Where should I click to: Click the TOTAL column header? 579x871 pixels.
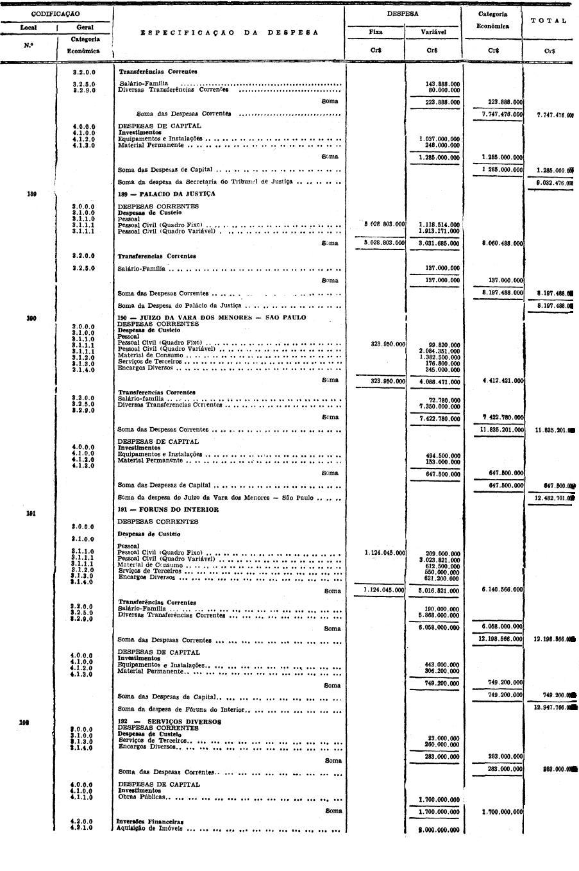click(x=550, y=21)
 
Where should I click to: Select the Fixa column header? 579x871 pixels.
click(x=376, y=31)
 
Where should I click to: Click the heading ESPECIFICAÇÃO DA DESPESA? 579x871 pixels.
click(x=230, y=31)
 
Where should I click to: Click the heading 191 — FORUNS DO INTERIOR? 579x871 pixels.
click(x=168, y=510)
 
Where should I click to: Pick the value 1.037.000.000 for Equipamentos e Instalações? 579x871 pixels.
click(x=439, y=139)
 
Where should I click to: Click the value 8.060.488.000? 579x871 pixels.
click(x=501, y=244)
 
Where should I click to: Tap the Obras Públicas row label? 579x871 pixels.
click(x=141, y=798)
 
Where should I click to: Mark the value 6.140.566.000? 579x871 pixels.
click(x=501, y=589)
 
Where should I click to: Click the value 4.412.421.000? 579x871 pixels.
click(x=501, y=381)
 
